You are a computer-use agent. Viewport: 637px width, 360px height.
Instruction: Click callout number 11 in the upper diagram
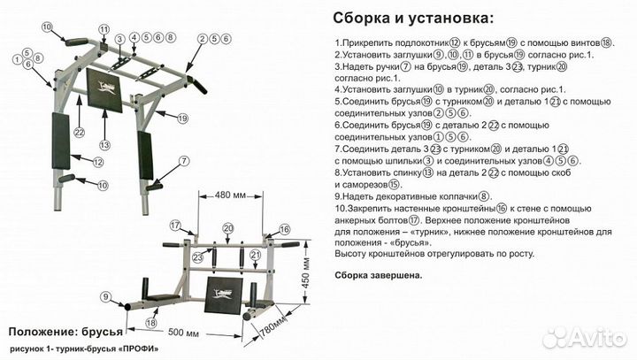click(x=104, y=30)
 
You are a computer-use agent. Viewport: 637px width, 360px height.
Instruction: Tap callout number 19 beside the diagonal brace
click(x=182, y=118)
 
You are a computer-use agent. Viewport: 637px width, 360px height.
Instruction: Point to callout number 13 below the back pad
click(x=104, y=145)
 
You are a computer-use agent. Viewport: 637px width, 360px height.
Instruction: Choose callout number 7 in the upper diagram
click(x=183, y=161)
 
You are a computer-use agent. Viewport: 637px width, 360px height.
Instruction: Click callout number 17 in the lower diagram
click(x=175, y=224)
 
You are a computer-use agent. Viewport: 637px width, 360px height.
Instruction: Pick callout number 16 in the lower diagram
click(x=285, y=229)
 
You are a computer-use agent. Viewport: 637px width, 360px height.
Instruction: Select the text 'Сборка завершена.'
click(x=378, y=275)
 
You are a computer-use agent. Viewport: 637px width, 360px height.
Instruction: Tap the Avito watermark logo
click(x=584, y=337)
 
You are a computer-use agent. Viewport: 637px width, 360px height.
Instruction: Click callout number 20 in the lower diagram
click(x=228, y=228)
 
